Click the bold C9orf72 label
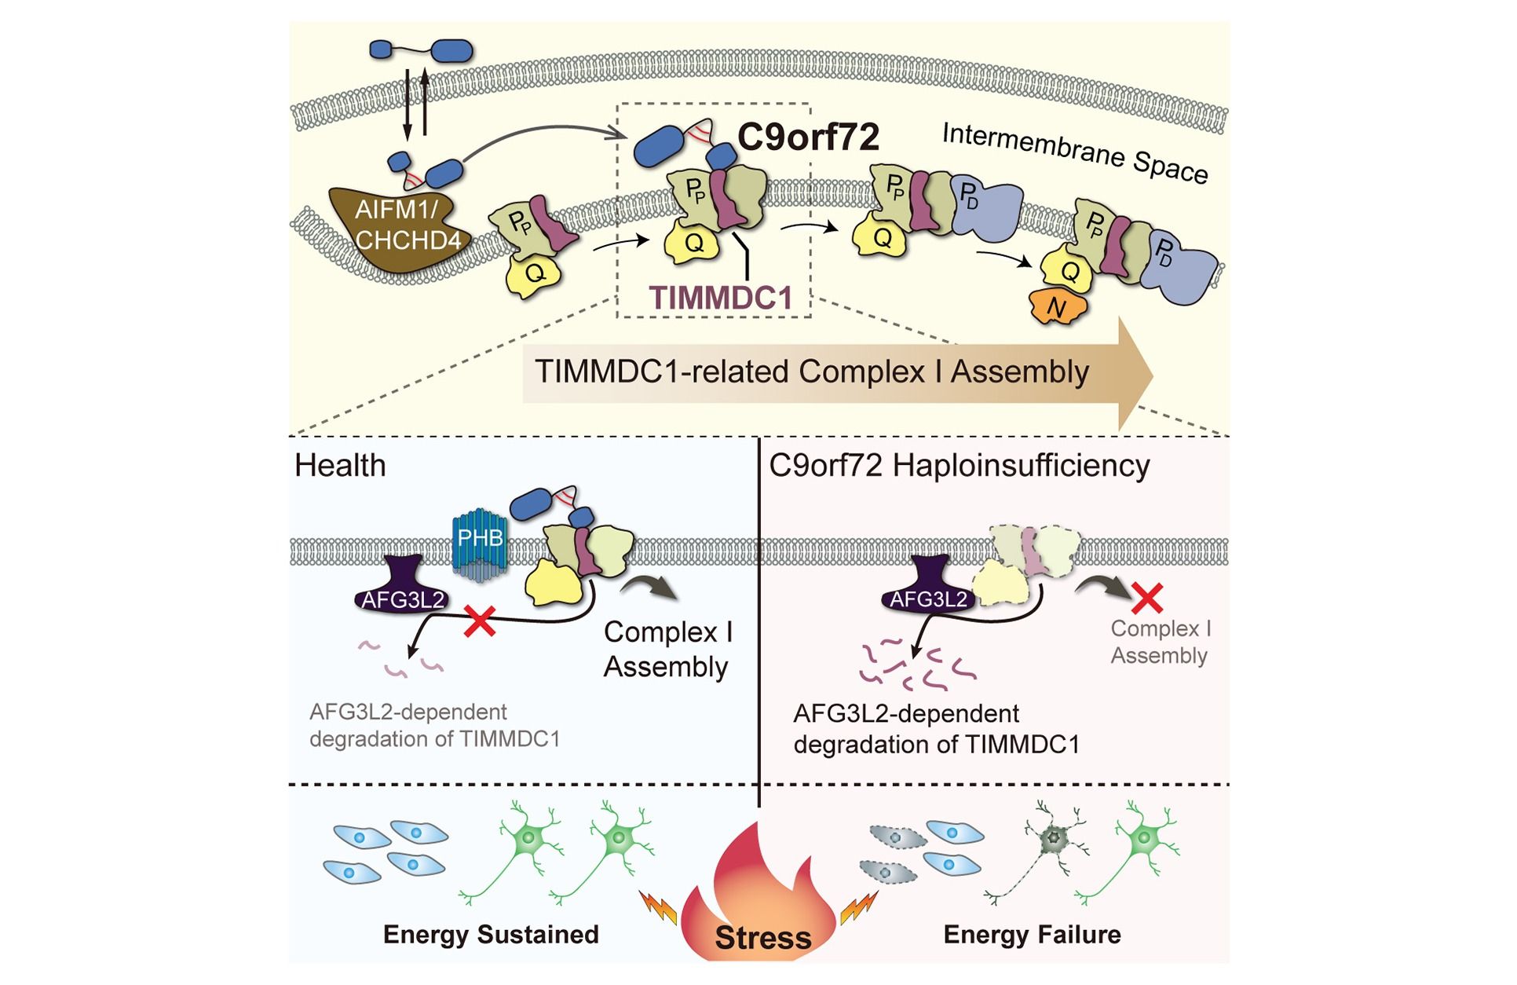[x=808, y=137]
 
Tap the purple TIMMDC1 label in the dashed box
[x=720, y=298]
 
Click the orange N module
[x=1058, y=307]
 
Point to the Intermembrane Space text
[x=1075, y=153]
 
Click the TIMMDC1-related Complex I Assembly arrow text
[x=812, y=372]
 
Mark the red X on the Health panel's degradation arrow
[x=480, y=621]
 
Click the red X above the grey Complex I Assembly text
[x=1147, y=599]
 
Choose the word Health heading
[x=340, y=466]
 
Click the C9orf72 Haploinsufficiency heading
[x=959, y=466]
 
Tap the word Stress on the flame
[x=763, y=937]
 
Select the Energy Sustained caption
[x=491, y=935]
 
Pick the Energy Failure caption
[x=1032, y=935]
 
